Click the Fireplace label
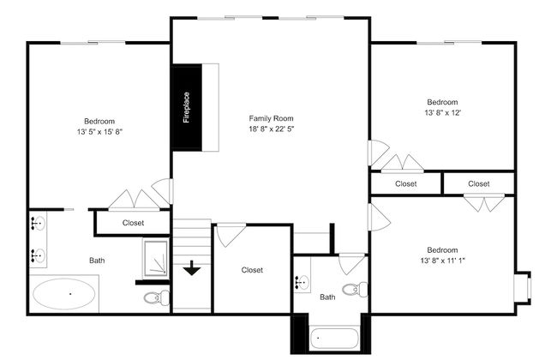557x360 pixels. pos(187,108)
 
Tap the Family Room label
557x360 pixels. pos(271,118)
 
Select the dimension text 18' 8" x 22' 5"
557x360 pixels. pos(272,129)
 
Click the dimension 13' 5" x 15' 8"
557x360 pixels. pos(99,132)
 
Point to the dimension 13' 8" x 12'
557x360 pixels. pos(443,112)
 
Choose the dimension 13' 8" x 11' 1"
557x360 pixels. pos(443,261)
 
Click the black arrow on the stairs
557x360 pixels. pos(192,268)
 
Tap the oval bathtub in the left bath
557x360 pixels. pos(64,294)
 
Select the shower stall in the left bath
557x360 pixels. pos(156,257)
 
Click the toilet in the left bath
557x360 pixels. pos(157,297)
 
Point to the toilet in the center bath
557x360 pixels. pos(356,289)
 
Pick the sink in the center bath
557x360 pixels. pos(302,283)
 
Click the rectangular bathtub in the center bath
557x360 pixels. pos(334,339)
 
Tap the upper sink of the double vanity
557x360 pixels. pos(38,223)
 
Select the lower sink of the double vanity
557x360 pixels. pos(38,255)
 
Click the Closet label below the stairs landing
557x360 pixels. pos(252,270)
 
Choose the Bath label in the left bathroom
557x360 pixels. pos(97,261)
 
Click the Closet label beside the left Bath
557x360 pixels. pos(133,223)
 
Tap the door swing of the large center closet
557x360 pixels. pos(231,235)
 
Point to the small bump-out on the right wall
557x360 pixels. pos(523,287)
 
